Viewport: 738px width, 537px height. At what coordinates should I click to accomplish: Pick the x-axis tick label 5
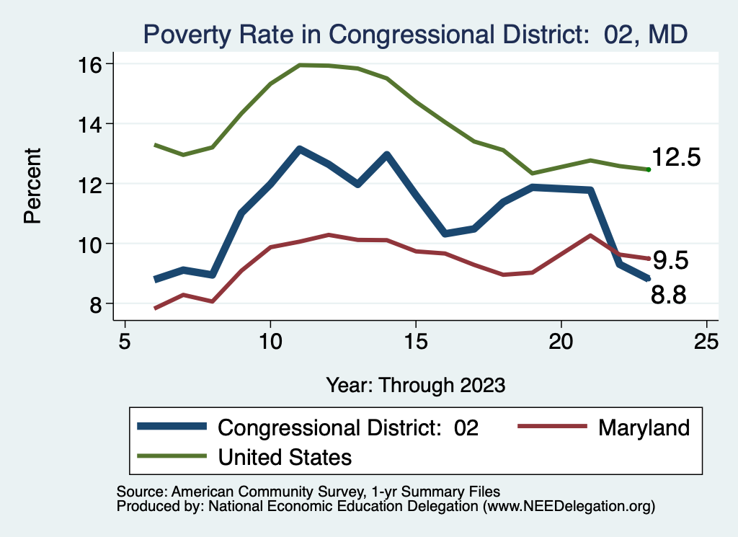click(x=125, y=341)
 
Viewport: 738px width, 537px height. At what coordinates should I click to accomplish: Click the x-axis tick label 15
click(x=416, y=341)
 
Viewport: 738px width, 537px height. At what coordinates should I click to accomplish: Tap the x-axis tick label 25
click(x=706, y=341)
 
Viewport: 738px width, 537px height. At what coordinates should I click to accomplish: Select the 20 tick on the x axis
click(x=561, y=341)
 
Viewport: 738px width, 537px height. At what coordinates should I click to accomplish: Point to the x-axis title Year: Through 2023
click(x=416, y=384)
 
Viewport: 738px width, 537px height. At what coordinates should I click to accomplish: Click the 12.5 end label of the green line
click(x=676, y=158)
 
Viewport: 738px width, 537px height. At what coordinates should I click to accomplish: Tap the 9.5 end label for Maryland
click(x=670, y=260)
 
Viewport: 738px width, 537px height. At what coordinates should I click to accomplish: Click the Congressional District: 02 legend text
click(x=348, y=427)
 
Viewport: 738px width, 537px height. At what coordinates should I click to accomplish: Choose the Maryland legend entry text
click(x=644, y=427)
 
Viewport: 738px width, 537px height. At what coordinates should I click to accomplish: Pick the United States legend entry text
click(x=285, y=456)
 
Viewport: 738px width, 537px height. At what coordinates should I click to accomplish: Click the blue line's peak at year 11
click(x=299, y=149)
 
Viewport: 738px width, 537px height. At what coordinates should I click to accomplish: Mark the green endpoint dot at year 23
click(x=649, y=169)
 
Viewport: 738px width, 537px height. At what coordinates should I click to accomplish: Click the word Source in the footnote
click(x=137, y=492)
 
